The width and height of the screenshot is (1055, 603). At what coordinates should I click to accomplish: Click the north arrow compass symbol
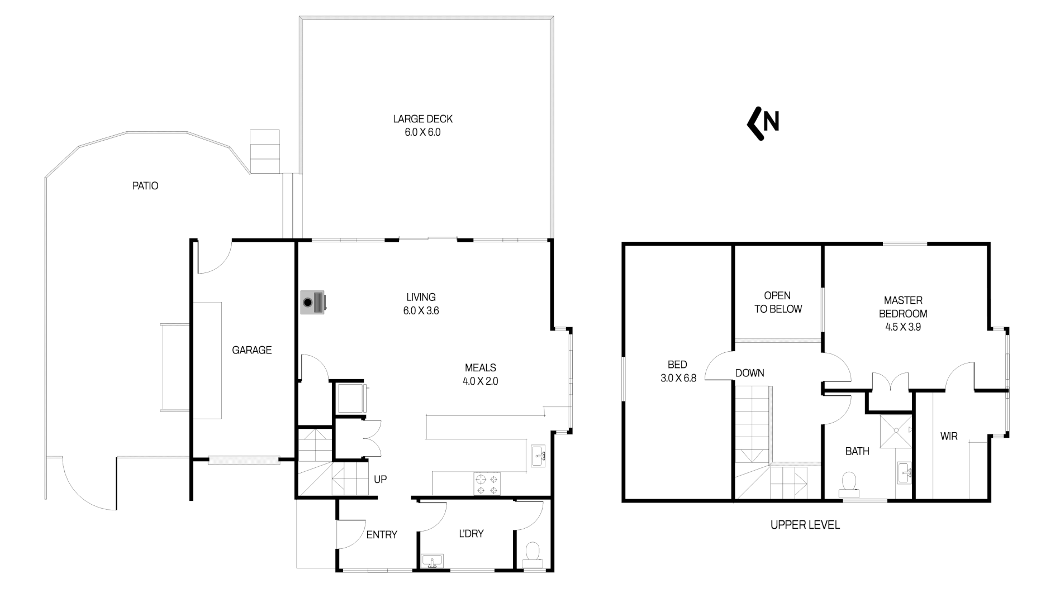763,123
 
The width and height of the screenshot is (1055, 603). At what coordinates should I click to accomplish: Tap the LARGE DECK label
422,119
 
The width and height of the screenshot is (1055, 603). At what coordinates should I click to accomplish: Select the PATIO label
145,186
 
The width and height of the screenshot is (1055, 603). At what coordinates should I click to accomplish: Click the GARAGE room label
251,350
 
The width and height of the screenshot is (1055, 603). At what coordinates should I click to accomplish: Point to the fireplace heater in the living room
312,303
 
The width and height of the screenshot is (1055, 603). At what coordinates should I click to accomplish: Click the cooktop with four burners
487,484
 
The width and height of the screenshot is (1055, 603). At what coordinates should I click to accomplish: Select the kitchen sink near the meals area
538,456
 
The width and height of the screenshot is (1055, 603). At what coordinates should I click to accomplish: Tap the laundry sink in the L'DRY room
432,561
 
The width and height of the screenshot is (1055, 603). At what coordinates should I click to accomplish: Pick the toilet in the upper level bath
849,484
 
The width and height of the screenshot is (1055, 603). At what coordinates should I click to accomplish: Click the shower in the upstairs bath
896,430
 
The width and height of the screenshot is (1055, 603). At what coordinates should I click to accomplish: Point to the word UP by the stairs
380,479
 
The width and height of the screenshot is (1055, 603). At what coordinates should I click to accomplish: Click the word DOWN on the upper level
749,373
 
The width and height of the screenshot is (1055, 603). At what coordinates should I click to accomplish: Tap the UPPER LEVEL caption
805,525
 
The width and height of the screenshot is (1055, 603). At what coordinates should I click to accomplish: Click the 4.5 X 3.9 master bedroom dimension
902,327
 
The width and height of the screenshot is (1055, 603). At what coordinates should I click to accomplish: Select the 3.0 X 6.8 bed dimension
678,378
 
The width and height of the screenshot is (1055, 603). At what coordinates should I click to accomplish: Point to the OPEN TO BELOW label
777,302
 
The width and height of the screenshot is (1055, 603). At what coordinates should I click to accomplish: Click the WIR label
949,437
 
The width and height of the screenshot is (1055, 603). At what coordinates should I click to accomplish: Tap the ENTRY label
382,535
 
